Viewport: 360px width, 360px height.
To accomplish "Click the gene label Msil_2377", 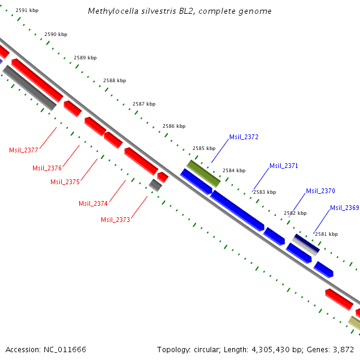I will pyautogui.click(x=23, y=150).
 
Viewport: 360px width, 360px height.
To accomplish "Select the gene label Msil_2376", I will pyautogui.click(x=47, y=168).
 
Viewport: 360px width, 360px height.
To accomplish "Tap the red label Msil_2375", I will pyautogui.click(x=65, y=182).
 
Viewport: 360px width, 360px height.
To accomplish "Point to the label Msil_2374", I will pyautogui.click(x=93, y=203).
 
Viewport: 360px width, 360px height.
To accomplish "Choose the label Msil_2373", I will pyautogui.click(x=115, y=220).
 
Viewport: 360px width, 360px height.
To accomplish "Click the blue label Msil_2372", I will pyautogui.click(x=244, y=137).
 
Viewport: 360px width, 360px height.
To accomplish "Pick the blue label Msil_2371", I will pyautogui.click(x=284, y=166).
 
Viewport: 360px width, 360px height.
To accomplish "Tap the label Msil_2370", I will pyautogui.click(x=320, y=191).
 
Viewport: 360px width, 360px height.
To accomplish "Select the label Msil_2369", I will pyautogui.click(x=344, y=208).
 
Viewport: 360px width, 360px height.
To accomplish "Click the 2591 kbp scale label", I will pyautogui.click(x=27, y=11).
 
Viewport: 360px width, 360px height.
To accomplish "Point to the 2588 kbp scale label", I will pyautogui.click(x=115, y=80).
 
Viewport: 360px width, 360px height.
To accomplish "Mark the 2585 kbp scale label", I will pyautogui.click(x=204, y=148).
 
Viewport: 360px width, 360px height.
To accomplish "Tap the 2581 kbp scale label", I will pyautogui.click(x=326, y=234).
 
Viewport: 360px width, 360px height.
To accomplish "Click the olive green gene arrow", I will pyautogui.click(x=203, y=173).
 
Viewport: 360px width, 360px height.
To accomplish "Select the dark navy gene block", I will pyautogui.click(x=305, y=243).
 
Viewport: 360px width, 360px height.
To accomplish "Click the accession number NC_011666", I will pyautogui.click(x=65, y=349).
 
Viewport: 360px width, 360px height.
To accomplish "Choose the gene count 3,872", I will pyautogui.click(x=344, y=349).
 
